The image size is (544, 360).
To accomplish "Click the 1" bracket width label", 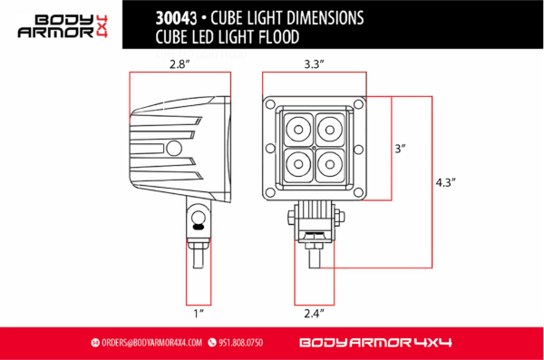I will click(198, 314).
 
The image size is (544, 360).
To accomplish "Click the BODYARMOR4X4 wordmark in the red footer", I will click(374, 343).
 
